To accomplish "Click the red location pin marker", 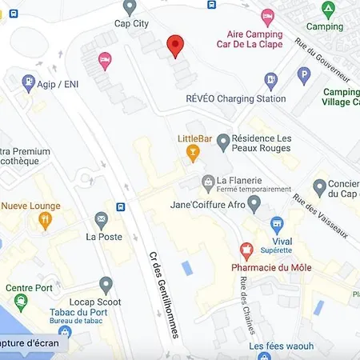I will tap(175, 46).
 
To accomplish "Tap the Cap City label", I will tap(131, 24).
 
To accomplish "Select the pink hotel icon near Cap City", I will tap(104, 60).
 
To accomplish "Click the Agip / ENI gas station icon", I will tap(29, 82).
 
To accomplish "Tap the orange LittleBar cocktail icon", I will tap(192, 153).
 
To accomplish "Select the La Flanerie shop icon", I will tap(208, 182).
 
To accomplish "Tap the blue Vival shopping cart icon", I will tap(277, 224).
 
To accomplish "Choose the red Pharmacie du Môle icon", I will tap(247, 250).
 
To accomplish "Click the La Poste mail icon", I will tap(102, 219).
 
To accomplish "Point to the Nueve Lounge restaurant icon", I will tap(45, 220).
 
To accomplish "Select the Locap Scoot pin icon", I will tap(106, 284).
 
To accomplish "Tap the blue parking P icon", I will tap(303, 75).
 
